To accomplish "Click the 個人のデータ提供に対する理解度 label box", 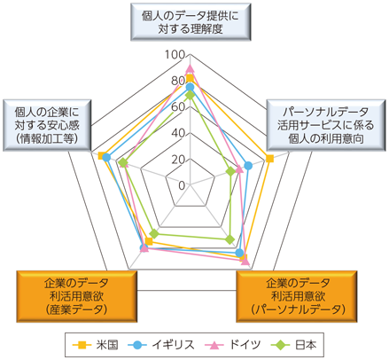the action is point(191,22).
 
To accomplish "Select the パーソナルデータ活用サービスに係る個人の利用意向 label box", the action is point(326,125).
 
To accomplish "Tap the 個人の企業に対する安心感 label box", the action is point(47,125).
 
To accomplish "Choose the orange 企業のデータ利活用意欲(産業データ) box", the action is point(77,296).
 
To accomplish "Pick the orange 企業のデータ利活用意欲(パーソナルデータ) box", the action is point(297,296).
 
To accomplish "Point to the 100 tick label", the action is point(175,55).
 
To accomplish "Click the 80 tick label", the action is point(178,81).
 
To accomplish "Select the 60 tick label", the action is point(178,106).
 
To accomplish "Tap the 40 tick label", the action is point(178,133).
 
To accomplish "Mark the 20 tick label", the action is point(178,160).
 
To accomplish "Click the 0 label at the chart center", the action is point(182,185).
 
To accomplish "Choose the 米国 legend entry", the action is point(96,345).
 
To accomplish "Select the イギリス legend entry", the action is point(161,345).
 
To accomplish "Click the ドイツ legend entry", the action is point(233,345).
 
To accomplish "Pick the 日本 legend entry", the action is point(293,345).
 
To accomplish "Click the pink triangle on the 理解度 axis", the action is point(190,68).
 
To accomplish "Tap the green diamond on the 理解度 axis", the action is point(190,96).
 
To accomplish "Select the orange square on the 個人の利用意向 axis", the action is point(269,159).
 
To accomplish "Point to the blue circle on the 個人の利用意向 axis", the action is point(248,166).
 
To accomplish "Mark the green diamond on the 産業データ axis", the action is point(154,233).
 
